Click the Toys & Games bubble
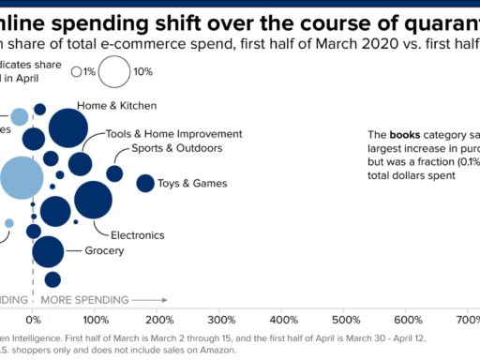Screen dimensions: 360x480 click(145, 183)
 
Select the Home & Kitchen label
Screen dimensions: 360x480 click(116, 106)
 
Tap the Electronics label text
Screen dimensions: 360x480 click(138, 234)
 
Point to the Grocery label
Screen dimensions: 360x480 click(104, 251)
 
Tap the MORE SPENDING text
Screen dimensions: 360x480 click(84, 300)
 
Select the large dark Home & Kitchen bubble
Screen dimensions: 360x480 click(67, 129)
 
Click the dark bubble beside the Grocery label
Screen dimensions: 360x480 click(48, 251)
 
